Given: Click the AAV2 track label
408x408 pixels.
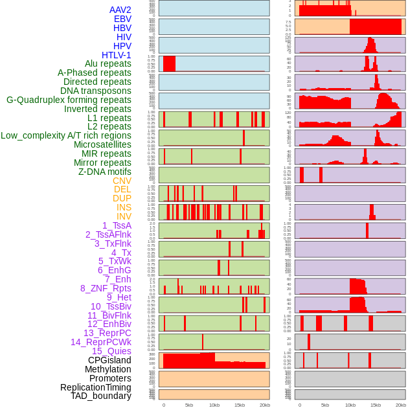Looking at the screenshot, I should (120, 10).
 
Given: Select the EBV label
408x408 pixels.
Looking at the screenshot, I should (122, 19).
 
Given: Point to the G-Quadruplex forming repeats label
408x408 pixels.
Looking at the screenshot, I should (69, 100).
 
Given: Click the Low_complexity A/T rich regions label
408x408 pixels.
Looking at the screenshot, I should (66, 135).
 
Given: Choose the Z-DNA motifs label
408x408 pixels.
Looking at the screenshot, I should (105, 172).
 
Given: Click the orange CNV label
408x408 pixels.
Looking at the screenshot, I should (122, 181).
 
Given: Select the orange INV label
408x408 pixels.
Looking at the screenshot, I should (124, 216).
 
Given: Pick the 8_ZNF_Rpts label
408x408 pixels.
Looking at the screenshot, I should (106, 288).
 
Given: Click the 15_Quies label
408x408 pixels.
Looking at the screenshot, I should (111, 351).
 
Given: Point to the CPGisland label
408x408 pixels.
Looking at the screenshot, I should (109, 360).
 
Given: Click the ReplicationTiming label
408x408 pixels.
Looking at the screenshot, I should (96, 387).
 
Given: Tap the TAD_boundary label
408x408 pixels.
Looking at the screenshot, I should (101, 396).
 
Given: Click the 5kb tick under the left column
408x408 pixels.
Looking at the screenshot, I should (189, 405).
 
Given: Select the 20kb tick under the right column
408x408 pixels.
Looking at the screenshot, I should (401, 405).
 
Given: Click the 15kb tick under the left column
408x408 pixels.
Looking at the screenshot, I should (240, 405).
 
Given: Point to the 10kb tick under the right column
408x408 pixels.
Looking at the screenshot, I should (350, 405).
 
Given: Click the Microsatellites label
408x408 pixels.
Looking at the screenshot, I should (102, 144).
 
